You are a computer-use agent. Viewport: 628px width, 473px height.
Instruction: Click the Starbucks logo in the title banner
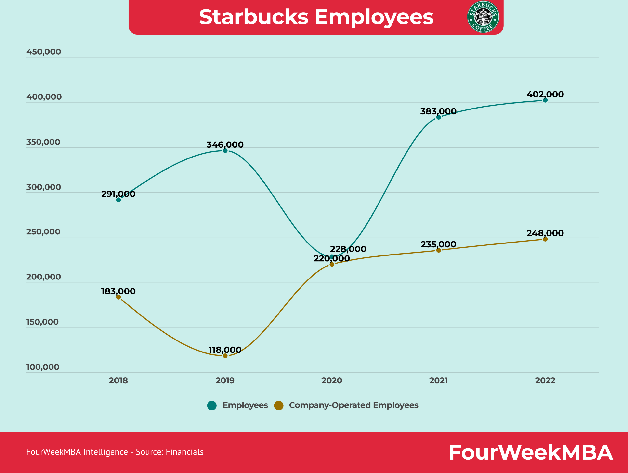[483, 17]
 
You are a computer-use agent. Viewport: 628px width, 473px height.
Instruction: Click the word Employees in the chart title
[374, 17]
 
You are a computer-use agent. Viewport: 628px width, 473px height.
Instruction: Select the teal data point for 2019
[225, 150]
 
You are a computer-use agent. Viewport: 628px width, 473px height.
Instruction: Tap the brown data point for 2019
[225, 356]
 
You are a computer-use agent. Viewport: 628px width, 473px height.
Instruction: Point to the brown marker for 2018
[118, 297]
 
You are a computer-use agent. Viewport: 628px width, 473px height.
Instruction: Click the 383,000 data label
[438, 111]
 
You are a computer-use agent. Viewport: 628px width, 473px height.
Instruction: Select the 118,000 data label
[225, 350]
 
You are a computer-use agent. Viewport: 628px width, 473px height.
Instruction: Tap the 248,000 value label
[545, 233]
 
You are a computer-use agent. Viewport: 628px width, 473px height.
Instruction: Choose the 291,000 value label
[118, 194]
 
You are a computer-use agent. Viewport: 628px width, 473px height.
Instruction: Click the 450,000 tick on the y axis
[44, 52]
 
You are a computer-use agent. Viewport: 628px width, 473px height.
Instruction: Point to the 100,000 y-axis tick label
[43, 367]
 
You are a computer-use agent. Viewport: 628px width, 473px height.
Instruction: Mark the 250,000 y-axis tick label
[43, 232]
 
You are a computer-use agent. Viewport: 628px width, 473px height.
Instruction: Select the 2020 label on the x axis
[332, 380]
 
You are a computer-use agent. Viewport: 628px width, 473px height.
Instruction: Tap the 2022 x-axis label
[545, 380]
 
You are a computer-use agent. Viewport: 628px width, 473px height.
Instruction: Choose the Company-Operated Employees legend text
[353, 405]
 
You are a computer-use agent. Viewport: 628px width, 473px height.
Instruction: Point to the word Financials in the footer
[184, 452]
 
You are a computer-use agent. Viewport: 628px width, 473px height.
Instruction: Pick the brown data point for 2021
[438, 250]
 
